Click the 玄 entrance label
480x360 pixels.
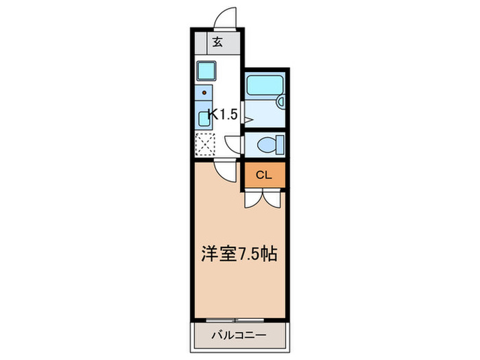point(217,43)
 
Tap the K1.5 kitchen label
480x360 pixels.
point(223,115)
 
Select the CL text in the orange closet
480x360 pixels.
point(264,175)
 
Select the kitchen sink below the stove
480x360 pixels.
point(205,115)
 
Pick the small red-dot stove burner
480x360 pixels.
point(204,92)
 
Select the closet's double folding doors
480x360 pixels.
point(263,198)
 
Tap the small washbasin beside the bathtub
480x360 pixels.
point(280,102)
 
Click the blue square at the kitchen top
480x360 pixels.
point(206,70)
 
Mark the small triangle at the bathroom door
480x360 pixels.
point(248,120)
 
